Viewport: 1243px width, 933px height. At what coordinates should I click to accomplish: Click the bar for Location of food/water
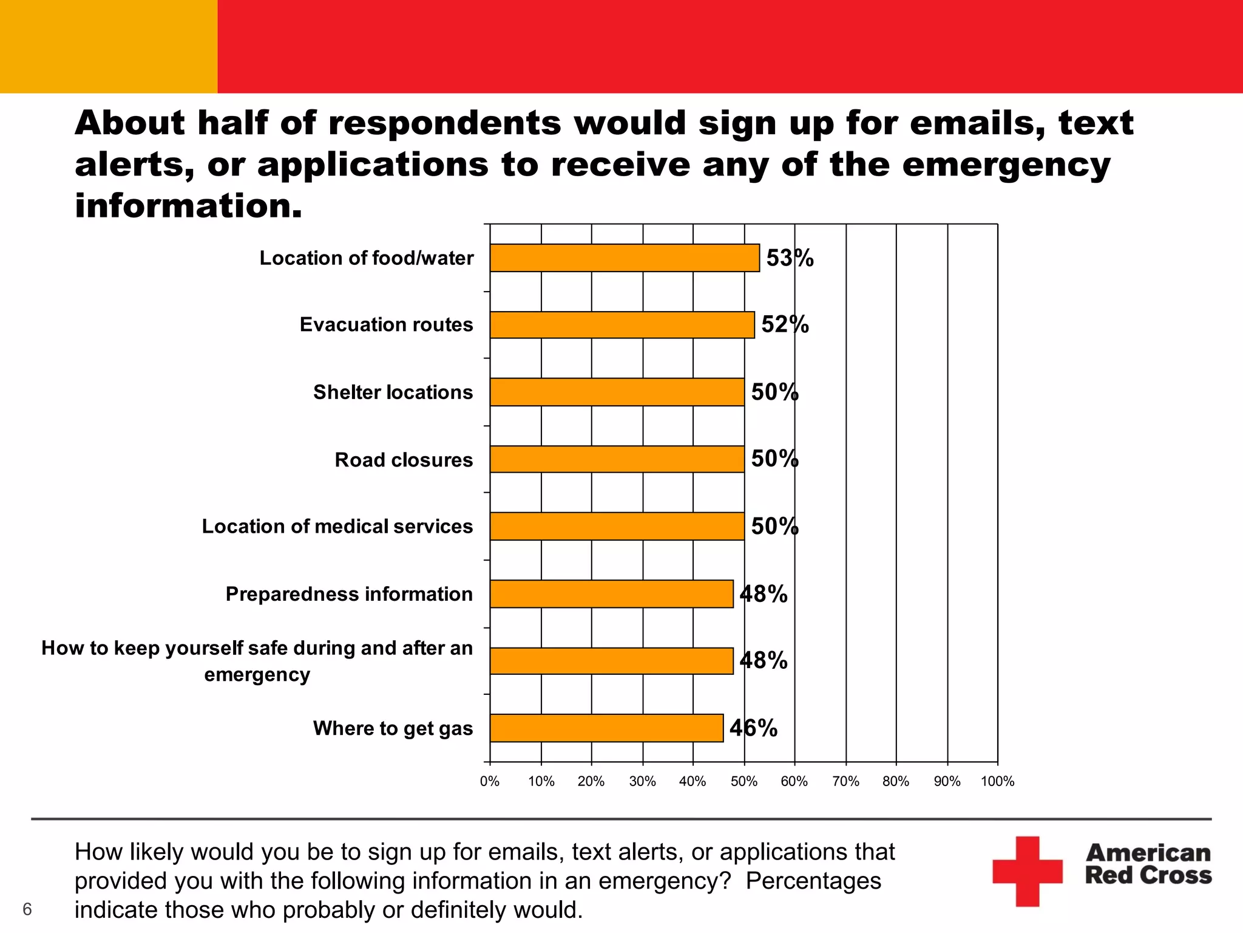coord(625,258)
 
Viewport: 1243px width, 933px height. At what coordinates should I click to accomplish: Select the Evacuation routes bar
coord(622,325)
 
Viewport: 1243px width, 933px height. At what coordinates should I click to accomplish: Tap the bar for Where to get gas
coord(606,728)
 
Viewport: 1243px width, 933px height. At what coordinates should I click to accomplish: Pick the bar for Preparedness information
coord(611,593)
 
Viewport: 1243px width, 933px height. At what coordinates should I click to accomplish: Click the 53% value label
coord(790,258)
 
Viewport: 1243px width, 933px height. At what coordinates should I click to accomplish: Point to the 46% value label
coord(753,728)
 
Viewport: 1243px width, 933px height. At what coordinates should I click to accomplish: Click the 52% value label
coord(785,325)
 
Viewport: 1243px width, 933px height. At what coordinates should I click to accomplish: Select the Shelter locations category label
coord(393,392)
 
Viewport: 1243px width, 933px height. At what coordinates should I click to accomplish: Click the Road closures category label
coord(404,460)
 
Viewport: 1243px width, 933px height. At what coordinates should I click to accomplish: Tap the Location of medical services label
coord(337,526)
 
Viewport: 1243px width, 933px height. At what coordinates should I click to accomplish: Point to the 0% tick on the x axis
coord(490,782)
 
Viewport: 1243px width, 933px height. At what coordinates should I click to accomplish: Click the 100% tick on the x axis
coord(997,782)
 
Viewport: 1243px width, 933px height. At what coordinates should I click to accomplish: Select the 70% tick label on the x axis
coord(845,782)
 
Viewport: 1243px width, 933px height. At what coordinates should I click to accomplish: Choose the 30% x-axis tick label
coord(642,782)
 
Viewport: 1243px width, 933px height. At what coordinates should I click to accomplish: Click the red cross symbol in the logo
coord(1027,871)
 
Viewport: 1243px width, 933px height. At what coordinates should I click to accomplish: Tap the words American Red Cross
coord(1148,864)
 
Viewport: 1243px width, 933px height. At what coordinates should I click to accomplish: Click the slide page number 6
coord(27,909)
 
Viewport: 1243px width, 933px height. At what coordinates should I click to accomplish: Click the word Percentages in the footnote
coord(813,881)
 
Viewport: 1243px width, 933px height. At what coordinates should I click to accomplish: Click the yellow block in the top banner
coord(109,46)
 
